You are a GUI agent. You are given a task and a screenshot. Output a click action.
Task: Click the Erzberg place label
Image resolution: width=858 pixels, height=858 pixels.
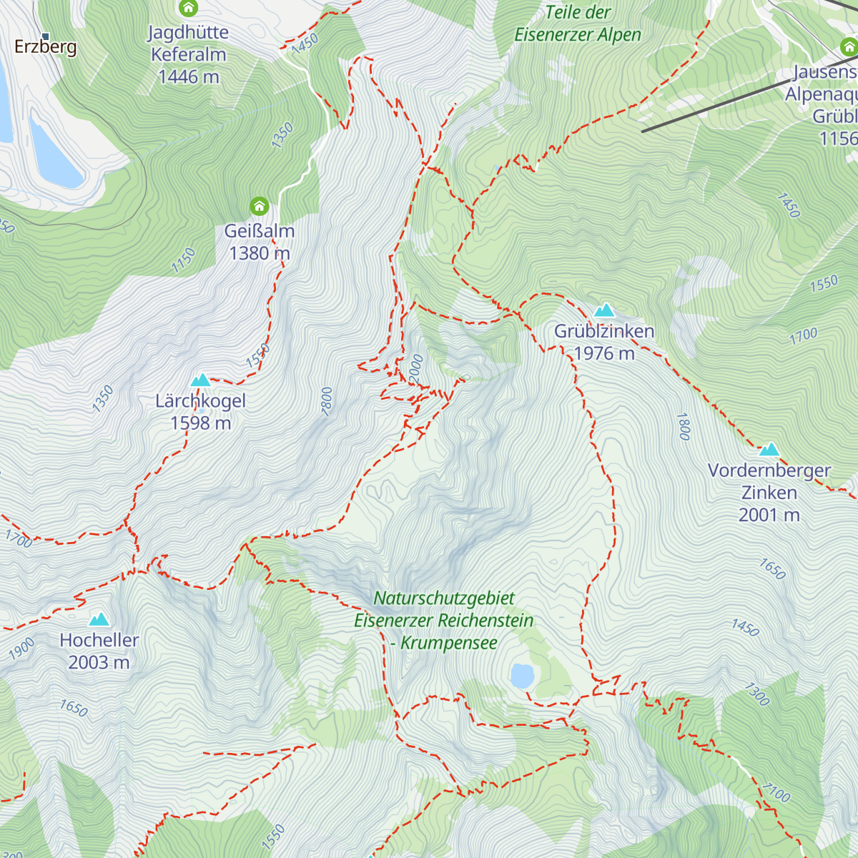46,48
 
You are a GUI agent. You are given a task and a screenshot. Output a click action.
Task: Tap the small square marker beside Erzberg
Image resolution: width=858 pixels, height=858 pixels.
45,36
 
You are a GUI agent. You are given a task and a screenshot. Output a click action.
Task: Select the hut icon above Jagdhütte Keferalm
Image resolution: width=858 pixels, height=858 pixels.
188,9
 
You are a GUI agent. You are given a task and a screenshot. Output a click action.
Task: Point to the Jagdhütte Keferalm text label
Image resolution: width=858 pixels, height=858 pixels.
189,54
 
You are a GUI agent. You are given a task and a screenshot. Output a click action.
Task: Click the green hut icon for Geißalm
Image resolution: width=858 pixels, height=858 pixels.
259,207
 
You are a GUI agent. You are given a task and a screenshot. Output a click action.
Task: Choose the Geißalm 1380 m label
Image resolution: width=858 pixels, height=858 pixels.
259,242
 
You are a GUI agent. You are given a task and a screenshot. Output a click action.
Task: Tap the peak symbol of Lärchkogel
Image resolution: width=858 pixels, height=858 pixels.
200,380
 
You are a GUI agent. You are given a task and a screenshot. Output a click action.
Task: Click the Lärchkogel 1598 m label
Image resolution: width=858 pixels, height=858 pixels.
200,412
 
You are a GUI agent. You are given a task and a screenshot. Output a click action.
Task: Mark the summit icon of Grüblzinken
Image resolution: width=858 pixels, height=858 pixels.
604,310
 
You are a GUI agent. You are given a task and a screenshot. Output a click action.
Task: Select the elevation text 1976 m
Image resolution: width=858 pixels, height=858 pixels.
604,353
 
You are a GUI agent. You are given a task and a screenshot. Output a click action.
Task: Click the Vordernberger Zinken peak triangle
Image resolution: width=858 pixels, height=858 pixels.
769,449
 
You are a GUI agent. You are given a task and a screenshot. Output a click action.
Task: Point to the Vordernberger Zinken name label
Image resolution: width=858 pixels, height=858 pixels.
769,482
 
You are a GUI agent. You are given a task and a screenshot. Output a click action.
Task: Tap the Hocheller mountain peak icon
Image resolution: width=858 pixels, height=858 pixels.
99,619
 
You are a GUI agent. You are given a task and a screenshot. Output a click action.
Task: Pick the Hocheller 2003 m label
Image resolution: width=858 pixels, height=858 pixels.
99,651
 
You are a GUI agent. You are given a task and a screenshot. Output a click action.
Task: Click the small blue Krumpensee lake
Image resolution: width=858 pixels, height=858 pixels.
522,676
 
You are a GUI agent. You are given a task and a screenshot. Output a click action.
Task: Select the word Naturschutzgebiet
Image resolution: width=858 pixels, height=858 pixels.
444,598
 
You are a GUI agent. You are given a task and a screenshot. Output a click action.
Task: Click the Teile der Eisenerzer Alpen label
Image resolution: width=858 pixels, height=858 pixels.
578,24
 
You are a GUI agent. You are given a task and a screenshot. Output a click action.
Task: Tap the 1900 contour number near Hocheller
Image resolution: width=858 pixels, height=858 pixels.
21,649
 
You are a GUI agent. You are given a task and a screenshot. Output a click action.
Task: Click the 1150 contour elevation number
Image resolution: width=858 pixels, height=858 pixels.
184,260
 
